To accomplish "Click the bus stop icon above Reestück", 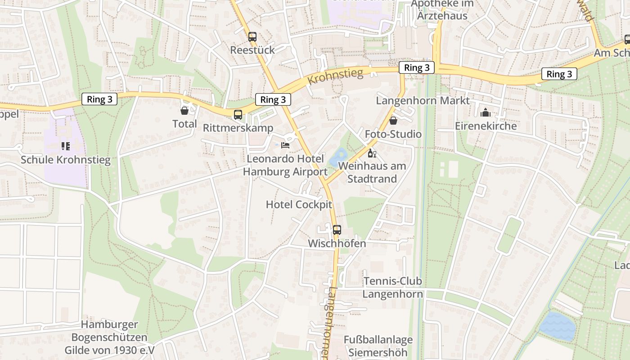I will click(252, 37).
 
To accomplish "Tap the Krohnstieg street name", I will click(336, 76).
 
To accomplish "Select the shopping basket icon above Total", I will click(184, 111).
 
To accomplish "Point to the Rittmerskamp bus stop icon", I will click(238, 115).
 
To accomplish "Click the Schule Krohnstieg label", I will click(66, 160).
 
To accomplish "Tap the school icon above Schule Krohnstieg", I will click(65, 146).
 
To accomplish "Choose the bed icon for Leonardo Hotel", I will click(285, 145).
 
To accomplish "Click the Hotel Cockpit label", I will click(299, 205).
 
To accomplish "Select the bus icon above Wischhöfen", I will click(337, 230).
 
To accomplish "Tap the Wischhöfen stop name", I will click(337, 243).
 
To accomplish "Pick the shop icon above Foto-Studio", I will click(393, 121).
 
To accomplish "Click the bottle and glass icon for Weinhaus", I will click(372, 153).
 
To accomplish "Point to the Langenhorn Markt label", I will click(423, 100).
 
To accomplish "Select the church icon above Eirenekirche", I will click(485, 112).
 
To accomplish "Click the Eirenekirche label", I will click(486, 126).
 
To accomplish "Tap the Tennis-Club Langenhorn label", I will click(393, 288).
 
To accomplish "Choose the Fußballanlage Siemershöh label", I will click(378, 346).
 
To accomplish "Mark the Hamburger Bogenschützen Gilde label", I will click(109, 337).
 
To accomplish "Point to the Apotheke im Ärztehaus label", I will click(439, 10).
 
